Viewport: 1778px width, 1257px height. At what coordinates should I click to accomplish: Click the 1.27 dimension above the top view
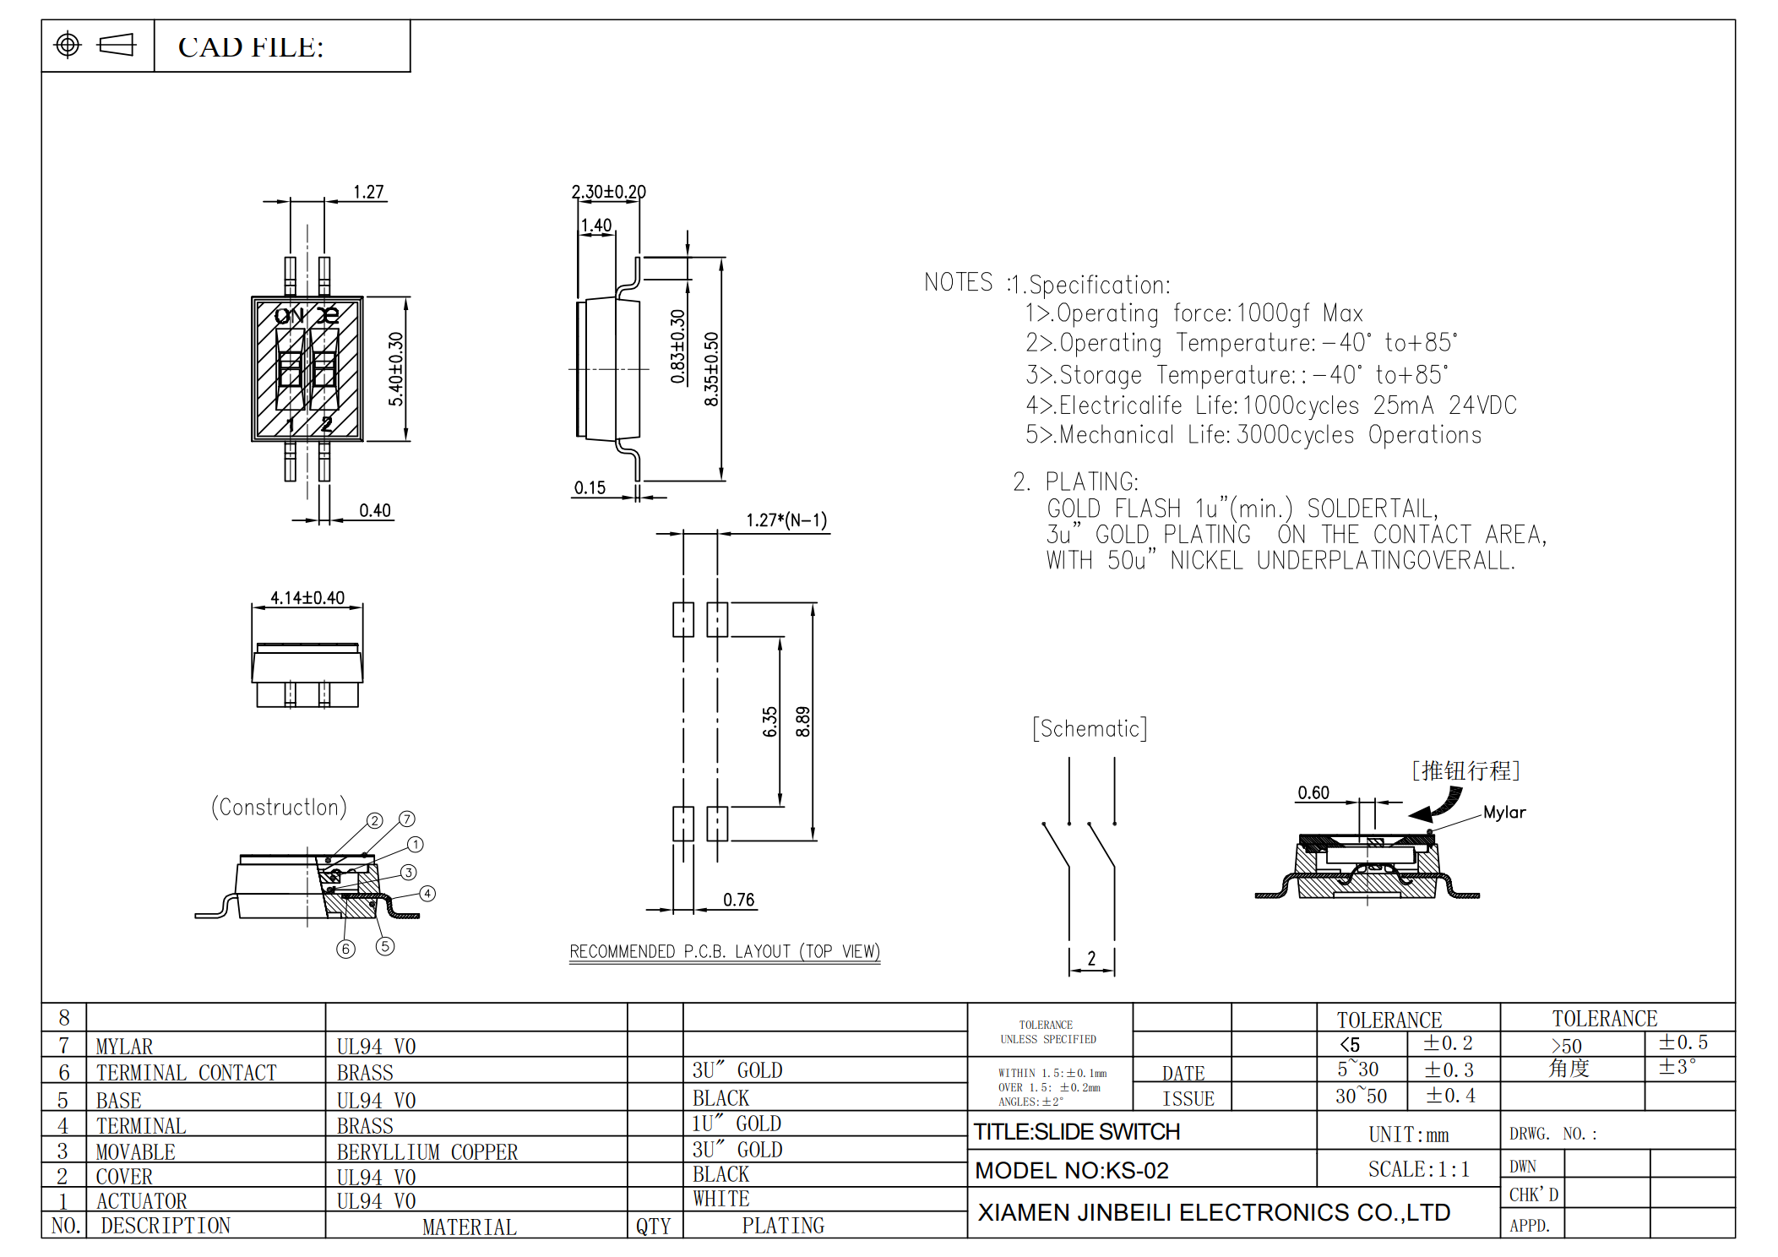368,192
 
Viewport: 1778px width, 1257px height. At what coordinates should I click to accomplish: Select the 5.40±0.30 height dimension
395,368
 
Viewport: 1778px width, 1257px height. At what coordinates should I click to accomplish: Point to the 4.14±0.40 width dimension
307,597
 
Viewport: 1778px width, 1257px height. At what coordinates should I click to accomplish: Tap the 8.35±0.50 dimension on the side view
711,368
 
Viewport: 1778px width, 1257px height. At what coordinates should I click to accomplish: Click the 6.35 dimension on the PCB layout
769,721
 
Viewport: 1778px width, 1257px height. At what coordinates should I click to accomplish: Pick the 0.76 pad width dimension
738,900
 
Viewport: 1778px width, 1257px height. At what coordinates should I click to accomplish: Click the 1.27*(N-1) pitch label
786,520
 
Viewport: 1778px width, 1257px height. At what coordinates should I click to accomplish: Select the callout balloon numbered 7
407,819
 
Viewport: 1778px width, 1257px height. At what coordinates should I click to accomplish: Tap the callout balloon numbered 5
385,946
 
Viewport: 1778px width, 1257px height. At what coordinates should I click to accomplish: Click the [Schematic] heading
1090,728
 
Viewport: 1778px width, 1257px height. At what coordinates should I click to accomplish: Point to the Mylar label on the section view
1504,812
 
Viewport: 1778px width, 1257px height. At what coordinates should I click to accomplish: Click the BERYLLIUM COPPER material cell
427,1151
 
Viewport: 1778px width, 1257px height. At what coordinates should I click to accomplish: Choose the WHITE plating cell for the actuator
720,1199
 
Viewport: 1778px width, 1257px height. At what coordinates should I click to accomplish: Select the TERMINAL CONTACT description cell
186,1073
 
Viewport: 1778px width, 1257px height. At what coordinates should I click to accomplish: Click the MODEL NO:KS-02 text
1071,1170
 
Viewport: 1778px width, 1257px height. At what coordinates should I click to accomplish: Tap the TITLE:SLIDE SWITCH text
1076,1131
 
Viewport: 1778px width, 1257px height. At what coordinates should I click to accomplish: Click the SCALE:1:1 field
1418,1169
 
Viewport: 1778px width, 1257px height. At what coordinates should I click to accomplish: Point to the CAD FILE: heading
251,47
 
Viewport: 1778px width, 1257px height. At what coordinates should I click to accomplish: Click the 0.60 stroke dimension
1313,792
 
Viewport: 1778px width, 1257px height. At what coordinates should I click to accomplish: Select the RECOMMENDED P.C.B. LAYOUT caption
724,951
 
